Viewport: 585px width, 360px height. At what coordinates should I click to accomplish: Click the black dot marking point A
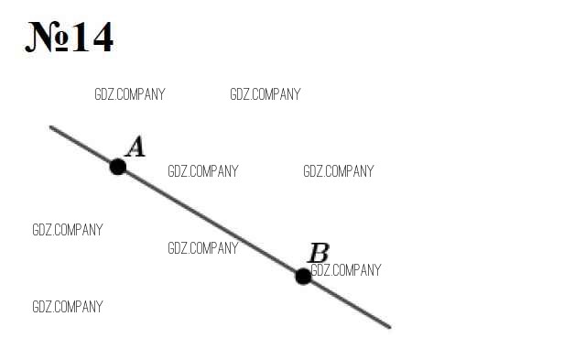click(118, 167)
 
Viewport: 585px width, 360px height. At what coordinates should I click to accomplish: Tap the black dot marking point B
click(303, 277)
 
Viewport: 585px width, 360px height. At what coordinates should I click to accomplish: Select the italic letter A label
click(135, 147)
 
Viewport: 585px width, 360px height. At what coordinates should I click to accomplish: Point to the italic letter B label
click(319, 253)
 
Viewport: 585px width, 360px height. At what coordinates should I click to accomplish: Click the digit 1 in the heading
click(81, 37)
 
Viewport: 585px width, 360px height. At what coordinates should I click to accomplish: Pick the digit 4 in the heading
click(103, 37)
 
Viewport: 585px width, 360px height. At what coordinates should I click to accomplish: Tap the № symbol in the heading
click(48, 37)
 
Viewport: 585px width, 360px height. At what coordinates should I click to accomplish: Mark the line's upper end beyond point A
click(50, 127)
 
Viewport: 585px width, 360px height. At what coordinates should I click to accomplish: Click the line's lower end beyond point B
click(390, 328)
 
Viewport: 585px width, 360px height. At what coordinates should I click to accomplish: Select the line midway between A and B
click(211, 222)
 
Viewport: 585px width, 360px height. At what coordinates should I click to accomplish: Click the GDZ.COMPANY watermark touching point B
click(346, 270)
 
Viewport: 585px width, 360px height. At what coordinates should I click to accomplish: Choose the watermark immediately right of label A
click(203, 171)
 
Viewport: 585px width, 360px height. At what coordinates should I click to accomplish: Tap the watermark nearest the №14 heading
click(130, 94)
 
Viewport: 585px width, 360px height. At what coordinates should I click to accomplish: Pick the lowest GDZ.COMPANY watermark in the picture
click(68, 307)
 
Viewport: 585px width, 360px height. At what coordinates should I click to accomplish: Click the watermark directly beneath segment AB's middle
click(203, 248)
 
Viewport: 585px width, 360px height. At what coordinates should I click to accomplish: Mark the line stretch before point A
click(81, 145)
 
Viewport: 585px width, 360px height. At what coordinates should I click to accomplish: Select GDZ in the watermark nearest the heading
click(103, 94)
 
